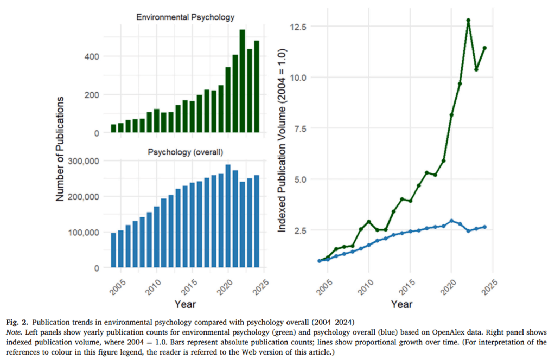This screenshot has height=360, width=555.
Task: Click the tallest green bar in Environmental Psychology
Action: click(242, 81)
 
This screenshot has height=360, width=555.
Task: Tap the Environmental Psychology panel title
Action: click(185, 17)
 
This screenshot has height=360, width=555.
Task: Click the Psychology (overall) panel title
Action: click(186, 152)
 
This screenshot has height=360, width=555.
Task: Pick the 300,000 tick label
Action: click(83, 161)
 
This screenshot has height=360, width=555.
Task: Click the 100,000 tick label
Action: click(83, 232)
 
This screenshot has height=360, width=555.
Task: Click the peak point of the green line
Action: click(468, 20)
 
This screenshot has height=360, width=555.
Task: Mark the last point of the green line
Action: click(484, 48)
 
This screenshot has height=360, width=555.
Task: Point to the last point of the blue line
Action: click(484, 227)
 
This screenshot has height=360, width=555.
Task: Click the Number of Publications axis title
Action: click(61, 150)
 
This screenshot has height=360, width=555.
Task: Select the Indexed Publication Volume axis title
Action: click(282, 140)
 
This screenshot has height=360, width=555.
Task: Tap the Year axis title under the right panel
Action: click(401, 304)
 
